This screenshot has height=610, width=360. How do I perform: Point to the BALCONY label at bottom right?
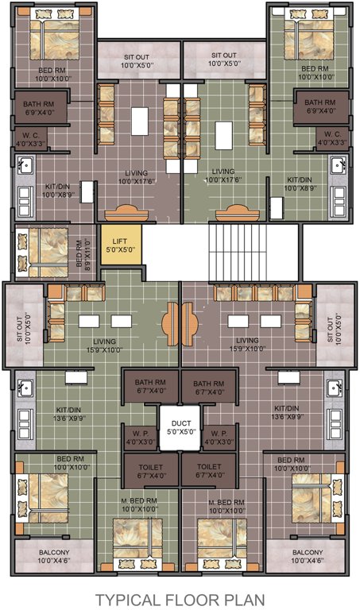307,558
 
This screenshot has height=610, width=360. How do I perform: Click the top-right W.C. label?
331,139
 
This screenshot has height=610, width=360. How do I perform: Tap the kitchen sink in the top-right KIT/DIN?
339,166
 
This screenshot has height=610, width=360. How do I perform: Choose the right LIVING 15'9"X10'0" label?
246,345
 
